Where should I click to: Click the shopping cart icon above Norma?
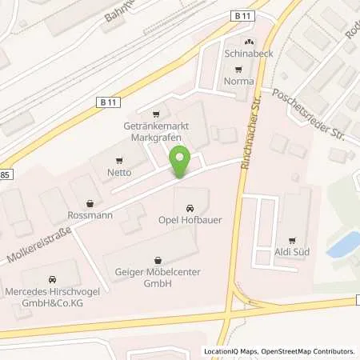[238, 70]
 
